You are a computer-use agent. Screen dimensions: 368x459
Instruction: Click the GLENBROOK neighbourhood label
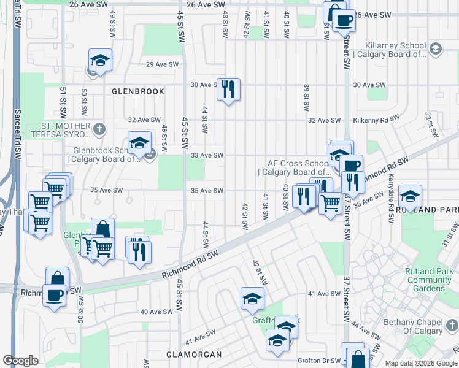click(x=138, y=91)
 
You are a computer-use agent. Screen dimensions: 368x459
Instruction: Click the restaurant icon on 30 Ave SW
click(x=228, y=90)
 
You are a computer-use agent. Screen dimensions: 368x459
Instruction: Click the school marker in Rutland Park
click(x=410, y=196)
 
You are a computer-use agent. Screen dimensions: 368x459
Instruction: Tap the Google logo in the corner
click(x=20, y=361)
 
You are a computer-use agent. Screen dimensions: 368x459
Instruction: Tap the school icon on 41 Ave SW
click(x=252, y=299)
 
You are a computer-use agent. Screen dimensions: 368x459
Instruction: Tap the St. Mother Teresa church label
click(x=66, y=130)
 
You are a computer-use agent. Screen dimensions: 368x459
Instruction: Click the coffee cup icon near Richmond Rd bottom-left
click(x=54, y=295)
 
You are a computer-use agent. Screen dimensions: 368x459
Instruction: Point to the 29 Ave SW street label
click(x=162, y=64)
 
